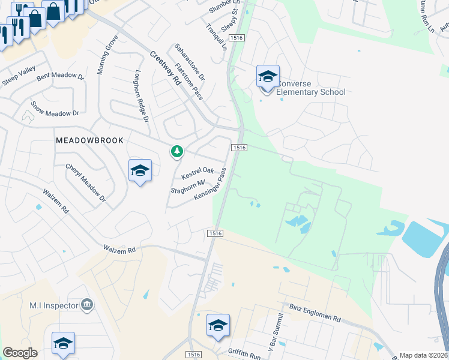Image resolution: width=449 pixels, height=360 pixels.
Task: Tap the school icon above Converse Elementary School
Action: point(268,77)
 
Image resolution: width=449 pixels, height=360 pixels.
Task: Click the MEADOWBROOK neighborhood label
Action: point(89,140)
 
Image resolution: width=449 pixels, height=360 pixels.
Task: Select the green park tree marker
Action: point(176,151)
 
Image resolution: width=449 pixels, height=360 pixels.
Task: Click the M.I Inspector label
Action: point(54,305)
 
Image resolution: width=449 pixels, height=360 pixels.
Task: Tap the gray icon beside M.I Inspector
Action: point(88,305)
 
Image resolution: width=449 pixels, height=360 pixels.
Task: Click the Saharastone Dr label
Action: point(190,62)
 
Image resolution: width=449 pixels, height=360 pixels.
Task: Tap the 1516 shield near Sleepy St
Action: point(237,38)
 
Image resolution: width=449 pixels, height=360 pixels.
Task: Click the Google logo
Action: point(20,353)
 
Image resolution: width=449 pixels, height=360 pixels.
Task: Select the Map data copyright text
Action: point(424,355)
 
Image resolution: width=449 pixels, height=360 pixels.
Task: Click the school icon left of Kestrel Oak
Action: point(140,171)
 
